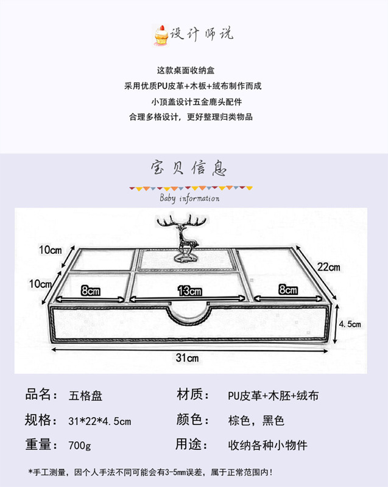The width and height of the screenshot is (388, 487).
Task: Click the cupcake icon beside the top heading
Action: click(x=160, y=34)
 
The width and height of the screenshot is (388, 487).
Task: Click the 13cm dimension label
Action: click(x=189, y=291)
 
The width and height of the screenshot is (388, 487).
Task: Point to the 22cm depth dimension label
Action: click(x=328, y=267)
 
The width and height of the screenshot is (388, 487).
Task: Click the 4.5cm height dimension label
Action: click(x=351, y=324)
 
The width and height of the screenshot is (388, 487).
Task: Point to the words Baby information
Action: click(x=189, y=198)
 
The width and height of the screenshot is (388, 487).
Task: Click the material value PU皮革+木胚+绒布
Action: click(x=269, y=396)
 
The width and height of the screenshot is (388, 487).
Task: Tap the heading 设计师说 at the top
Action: click(x=201, y=33)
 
